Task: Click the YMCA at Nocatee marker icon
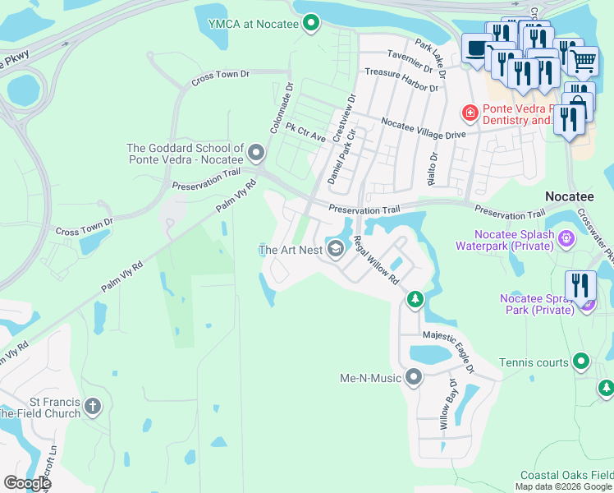[x=310, y=24]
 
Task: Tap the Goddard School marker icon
[x=257, y=153]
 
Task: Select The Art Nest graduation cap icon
[x=335, y=249]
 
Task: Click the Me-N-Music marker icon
[x=414, y=378]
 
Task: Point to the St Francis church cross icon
[x=93, y=406]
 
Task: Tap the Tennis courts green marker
[x=581, y=362]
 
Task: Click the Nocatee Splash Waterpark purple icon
[x=566, y=239]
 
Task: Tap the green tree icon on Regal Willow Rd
[x=415, y=299]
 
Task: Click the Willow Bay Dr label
[x=447, y=404]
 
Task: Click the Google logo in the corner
[x=27, y=483]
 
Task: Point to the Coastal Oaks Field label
[x=566, y=476]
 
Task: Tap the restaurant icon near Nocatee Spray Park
[x=582, y=287]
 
